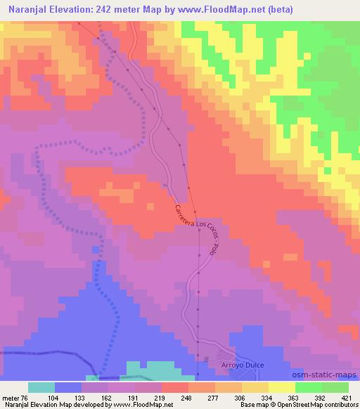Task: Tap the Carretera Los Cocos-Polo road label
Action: coord(197,228)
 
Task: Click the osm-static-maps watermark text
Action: coord(330,376)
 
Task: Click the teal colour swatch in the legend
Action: coord(41,387)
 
